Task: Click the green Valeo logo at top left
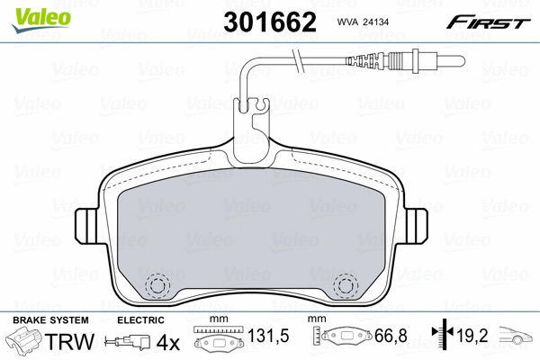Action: tap(41, 20)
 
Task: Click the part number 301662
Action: tap(270, 22)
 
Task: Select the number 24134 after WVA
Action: tap(374, 22)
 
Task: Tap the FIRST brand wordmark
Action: tap(488, 22)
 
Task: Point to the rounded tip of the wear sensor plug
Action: tap(462, 61)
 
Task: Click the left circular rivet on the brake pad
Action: tap(157, 285)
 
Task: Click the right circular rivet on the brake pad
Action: tap(346, 285)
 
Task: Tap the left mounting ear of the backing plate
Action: tap(86, 226)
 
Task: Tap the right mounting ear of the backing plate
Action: tap(416, 226)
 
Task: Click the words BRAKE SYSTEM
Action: tap(50, 320)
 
